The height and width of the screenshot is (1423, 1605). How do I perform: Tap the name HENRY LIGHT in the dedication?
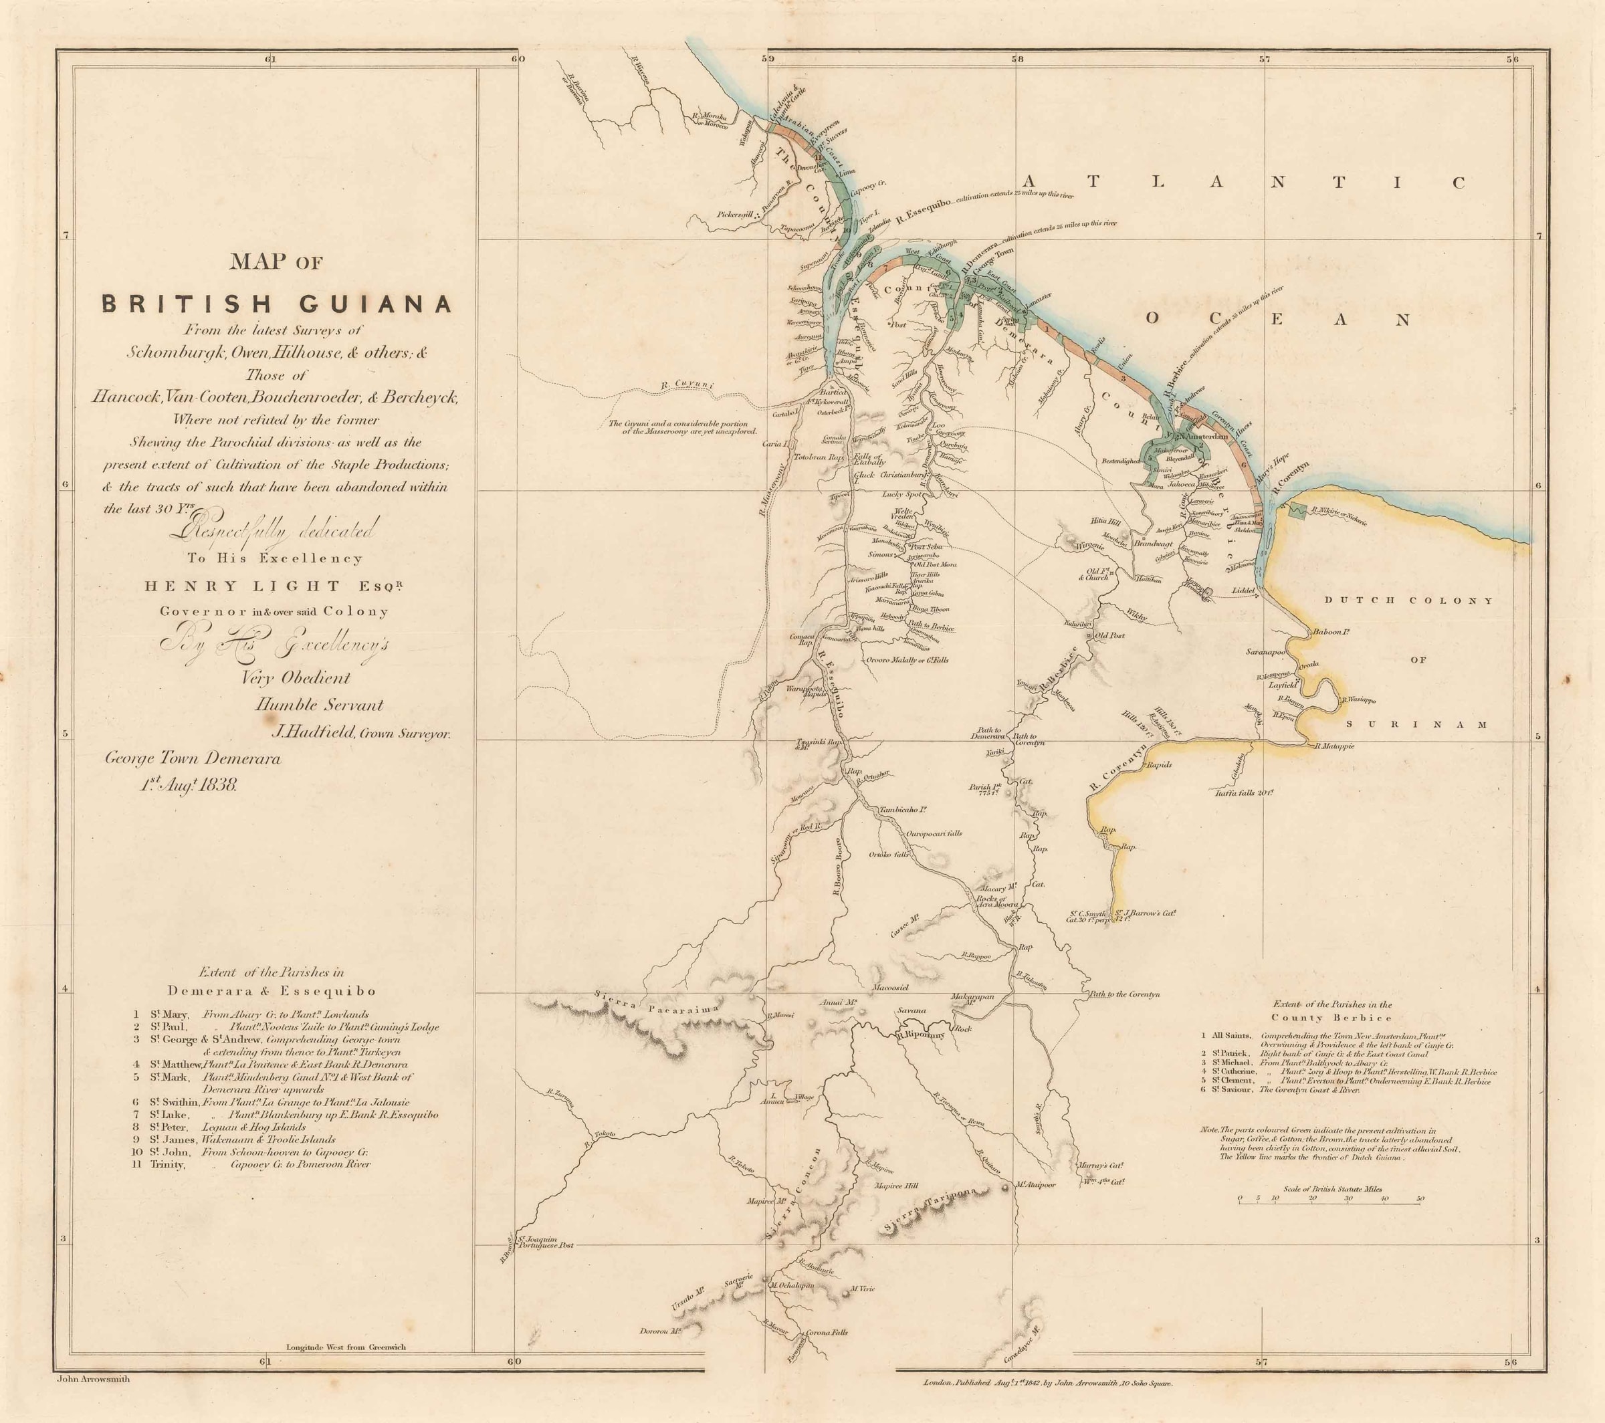(242, 586)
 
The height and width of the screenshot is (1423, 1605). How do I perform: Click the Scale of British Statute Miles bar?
(1331, 1222)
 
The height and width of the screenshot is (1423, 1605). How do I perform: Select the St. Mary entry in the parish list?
(168, 1014)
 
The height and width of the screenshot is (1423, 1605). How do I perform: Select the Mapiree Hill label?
(895, 1187)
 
